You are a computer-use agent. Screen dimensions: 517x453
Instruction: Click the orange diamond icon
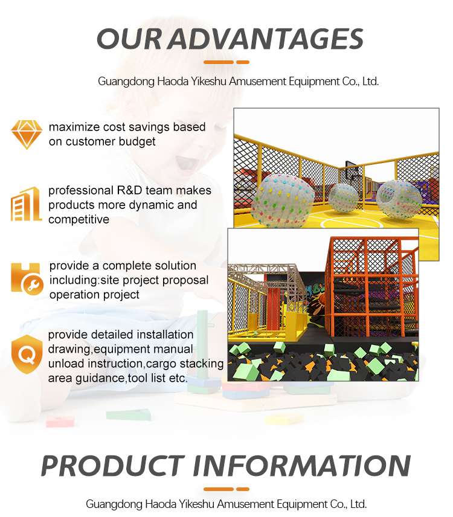[27, 134]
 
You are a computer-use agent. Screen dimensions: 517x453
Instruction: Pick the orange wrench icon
[27, 278]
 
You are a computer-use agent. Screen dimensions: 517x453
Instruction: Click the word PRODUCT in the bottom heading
[111, 466]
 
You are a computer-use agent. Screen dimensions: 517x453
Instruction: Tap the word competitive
[79, 219]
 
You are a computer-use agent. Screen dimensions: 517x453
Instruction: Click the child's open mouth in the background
[185, 162]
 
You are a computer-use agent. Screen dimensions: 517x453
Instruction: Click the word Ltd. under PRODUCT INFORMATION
[357, 504]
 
